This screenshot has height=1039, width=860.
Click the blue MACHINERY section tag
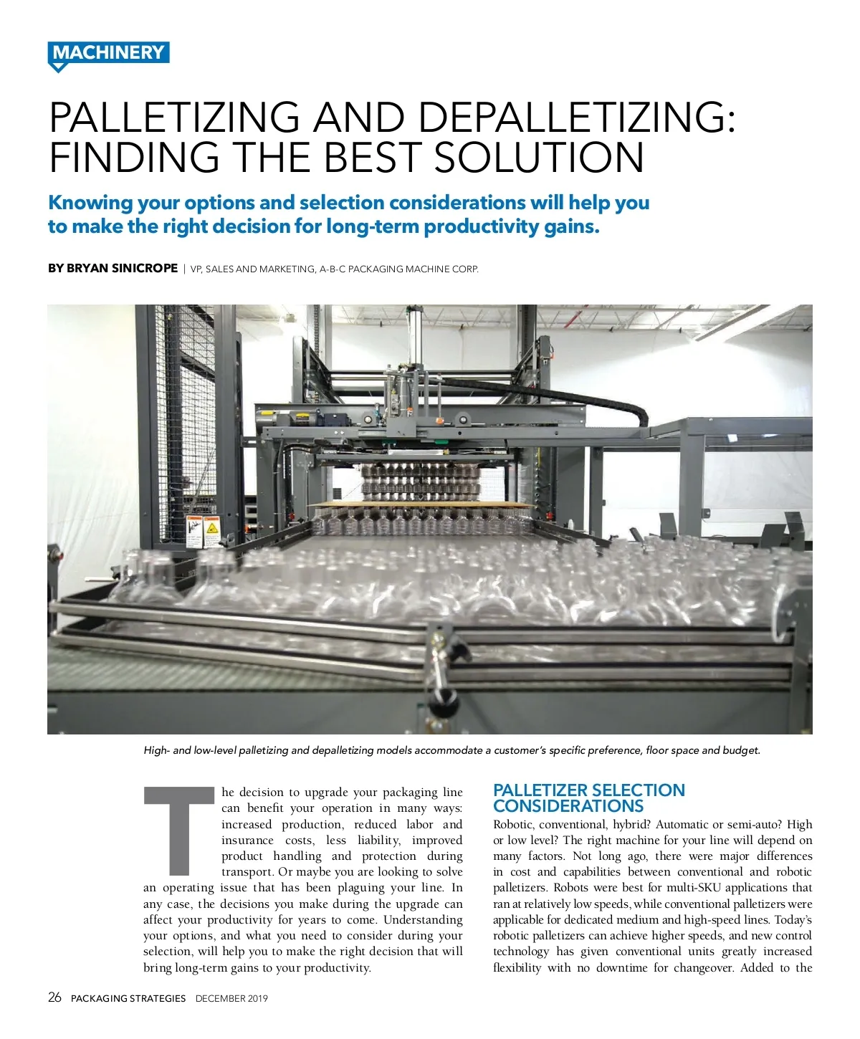pyautogui.click(x=108, y=54)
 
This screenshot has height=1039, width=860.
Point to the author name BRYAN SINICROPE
pyautogui.click(x=122, y=269)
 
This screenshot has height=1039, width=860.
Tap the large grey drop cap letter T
pyautogui.click(x=179, y=831)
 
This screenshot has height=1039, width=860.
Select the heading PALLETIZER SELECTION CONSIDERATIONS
pyautogui.click(x=588, y=798)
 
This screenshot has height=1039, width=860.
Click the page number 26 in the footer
pyautogui.click(x=54, y=997)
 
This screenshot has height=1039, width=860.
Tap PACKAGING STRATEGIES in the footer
pyautogui.click(x=128, y=998)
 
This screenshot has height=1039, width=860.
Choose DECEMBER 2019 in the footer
pyautogui.click(x=231, y=998)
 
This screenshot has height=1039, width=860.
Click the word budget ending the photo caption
pyautogui.click(x=741, y=750)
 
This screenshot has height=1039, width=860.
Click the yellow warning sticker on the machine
pyautogui.click(x=211, y=531)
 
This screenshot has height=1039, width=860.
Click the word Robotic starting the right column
pyautogui.click(x=513, y=825)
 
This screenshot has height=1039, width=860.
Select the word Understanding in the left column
pyautogui.click(x=423, y=920)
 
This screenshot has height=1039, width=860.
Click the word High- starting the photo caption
pyautogui.click(x=156, y=750)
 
